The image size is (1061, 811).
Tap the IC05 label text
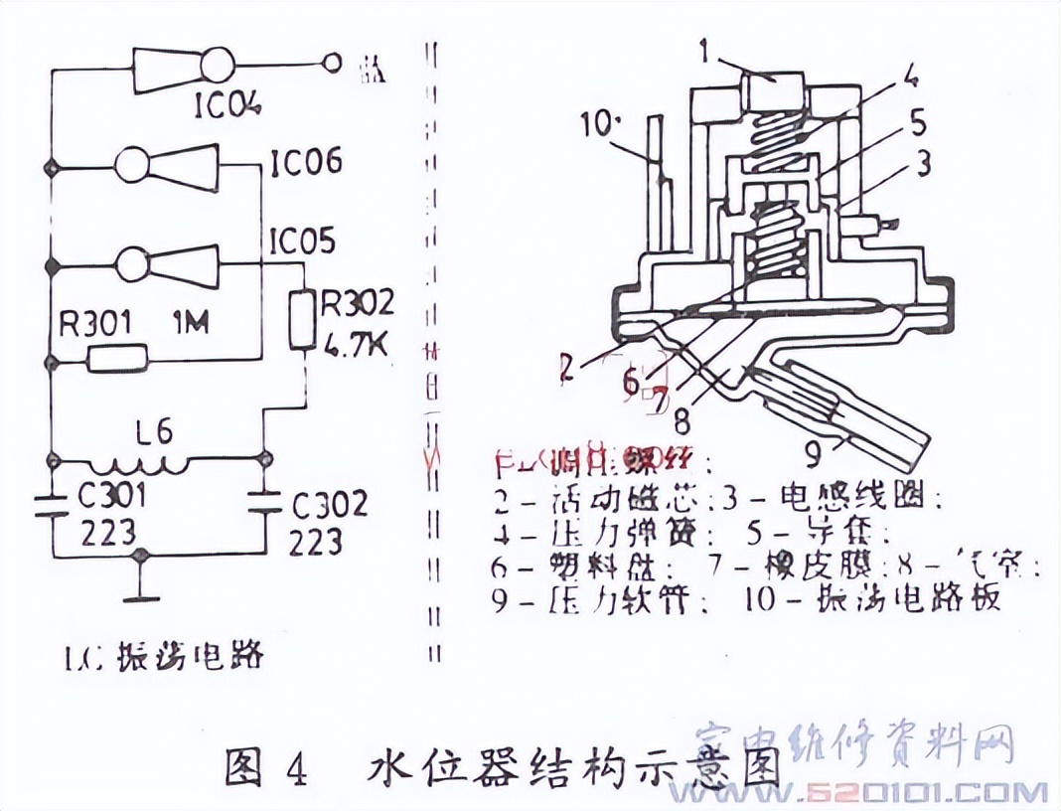pos(301,242)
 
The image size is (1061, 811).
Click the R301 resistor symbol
pos(117,358)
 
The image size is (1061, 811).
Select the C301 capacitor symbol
pos(50,503)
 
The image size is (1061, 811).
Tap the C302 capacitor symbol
pos(264,503)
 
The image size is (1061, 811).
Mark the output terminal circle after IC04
pos(335,66)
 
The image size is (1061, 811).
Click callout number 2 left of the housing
pos(565,368)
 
